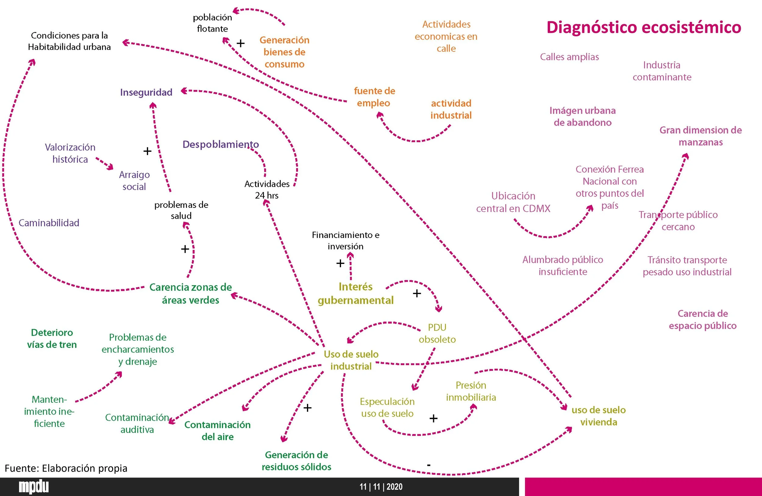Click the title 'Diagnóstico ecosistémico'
tap(643, 27)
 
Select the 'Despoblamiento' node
tap(220, 144)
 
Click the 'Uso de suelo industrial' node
tap(351, 360)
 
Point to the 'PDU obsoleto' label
tap(437, 333)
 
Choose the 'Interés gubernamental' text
tap(355, 293)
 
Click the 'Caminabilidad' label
tap(49, 223)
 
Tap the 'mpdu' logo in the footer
tap(34, 487)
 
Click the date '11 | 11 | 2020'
tap(381, 487)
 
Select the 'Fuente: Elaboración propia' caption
tap(66, 468)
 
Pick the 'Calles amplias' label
tap(569, 57)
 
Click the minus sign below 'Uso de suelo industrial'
tap(429, 465)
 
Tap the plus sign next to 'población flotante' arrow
tap(240, 43)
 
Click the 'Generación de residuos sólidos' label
tap(297, 461)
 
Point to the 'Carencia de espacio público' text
tap(703, 319)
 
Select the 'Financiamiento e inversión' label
tap(345, 241)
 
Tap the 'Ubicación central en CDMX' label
tap(513, 202)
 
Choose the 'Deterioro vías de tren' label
tap(52, 338)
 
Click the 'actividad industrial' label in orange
tap(451, 109)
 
